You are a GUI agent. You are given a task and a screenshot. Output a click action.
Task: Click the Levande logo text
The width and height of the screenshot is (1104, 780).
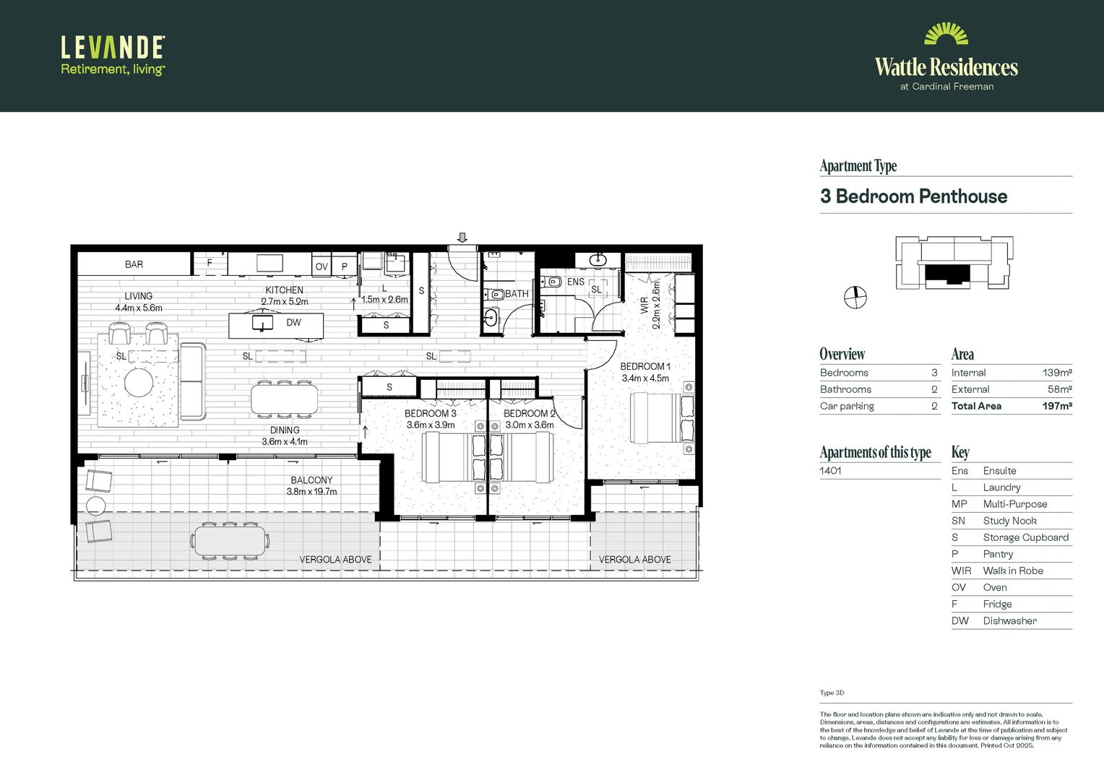pyautogui.click(x=113, y=48)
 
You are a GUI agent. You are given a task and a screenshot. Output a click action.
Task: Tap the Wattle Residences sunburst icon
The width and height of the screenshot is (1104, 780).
pyautogui.click(x=946, y=35)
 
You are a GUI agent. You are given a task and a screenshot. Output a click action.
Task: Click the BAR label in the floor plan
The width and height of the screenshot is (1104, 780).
pyautogui.click(x=134, y=264)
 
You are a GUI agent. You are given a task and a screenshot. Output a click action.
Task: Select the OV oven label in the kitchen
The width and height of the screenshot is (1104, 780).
pyautogui.click(x=322, y=266)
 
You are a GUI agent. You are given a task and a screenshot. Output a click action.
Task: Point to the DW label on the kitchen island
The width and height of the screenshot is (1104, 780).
pyautogui.click(x=293, y=323)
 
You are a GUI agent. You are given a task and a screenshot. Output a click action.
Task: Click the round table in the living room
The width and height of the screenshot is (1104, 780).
pyautogui.click(x=139, y=382)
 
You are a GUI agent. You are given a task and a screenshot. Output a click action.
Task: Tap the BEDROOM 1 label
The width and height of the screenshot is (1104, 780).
pyautogui.click(x=644, y=366)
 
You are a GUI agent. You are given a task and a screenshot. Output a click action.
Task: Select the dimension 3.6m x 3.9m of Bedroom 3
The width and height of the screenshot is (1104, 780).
pyautogui.click(x=431, y=425)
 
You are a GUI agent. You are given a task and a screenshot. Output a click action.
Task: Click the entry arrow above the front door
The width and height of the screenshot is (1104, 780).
pyautogui.click(x=462, y=238)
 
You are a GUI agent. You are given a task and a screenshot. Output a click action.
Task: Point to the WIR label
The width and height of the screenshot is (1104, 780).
pyautogui.click(x=644, y=305)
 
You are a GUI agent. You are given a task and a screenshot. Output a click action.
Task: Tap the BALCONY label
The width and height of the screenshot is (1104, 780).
pyautogui.click(x=311, y=480)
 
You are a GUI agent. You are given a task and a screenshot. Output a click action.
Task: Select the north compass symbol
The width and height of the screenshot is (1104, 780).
pyautogui.click(x=855, y=297)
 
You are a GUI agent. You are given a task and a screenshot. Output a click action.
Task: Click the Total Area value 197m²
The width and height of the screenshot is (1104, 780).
pyautogui.click(x=1056, y=406)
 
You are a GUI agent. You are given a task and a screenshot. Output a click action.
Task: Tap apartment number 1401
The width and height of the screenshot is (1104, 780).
pyautogui.click(x=830, y=470)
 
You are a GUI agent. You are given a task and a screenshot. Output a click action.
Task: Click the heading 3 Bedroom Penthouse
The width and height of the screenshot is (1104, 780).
pyautogui.click(x=913, y=196)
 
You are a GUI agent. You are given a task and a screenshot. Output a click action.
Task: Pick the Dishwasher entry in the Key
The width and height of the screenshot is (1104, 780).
pyautogui.click(x=1009, y=620)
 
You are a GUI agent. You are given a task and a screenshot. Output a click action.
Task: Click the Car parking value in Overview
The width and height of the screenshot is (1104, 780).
pyautogui.click(x=934, y=406)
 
